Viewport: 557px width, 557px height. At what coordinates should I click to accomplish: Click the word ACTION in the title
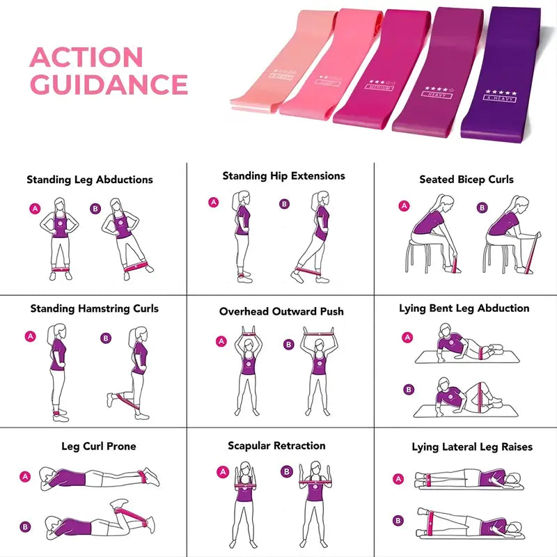(86, 57)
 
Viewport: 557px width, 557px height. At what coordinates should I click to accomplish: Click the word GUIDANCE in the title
(109, 84)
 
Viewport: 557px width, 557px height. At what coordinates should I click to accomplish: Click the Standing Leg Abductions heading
(90, 180)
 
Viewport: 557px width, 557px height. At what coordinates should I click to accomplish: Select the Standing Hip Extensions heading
(283, 176)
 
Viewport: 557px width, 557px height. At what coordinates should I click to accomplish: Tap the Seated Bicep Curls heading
(466, 180)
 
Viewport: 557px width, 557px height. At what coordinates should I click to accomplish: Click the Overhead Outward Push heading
(281, 311)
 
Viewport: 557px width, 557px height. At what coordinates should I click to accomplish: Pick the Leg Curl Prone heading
(98, 446)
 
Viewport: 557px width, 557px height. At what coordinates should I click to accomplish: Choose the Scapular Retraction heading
(276, 446)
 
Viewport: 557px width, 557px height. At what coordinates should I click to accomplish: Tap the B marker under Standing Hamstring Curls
(106, 338)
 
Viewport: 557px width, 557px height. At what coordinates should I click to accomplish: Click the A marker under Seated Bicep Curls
(403, 206)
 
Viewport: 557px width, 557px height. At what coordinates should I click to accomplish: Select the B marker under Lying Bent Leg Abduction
(409, 390)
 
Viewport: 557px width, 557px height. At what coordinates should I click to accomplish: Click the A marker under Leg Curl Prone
(26, 477)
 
